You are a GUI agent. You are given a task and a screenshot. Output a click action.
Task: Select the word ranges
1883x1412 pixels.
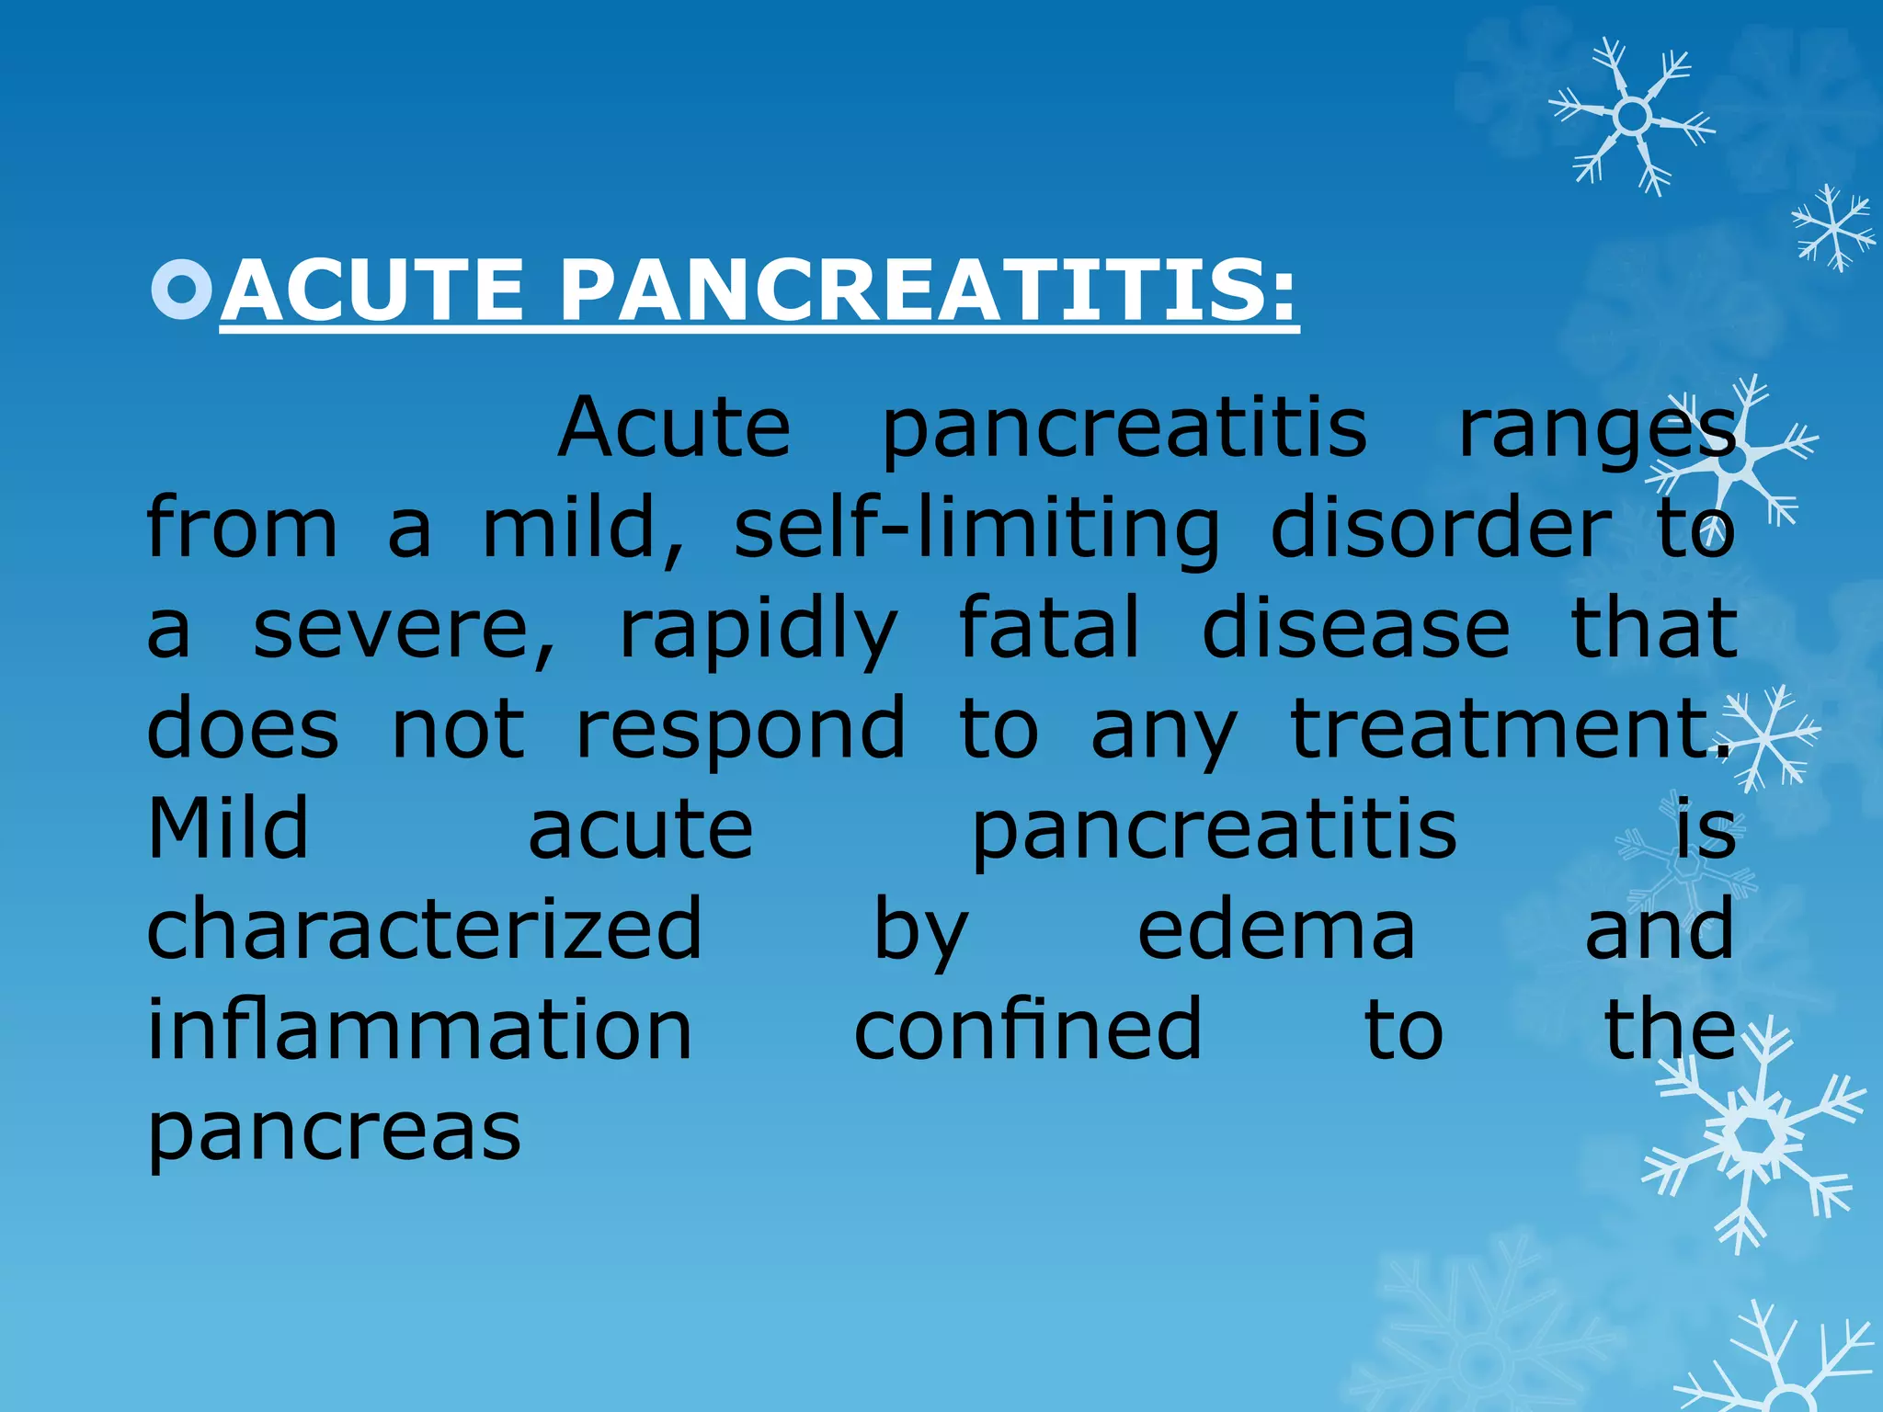(1597, 430)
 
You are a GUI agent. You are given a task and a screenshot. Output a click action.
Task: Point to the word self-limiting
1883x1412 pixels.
(976, 531)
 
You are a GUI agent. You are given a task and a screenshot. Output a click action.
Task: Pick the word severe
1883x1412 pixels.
(405, 631)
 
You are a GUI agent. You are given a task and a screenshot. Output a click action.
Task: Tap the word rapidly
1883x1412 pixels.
(758, 632)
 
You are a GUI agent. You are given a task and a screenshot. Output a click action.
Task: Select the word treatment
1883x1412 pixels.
(1509, 730)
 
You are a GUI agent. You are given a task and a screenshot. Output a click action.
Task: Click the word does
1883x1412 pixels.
(243, 730)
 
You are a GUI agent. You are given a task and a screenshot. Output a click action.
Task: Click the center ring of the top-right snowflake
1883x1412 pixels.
(1632, 117)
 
